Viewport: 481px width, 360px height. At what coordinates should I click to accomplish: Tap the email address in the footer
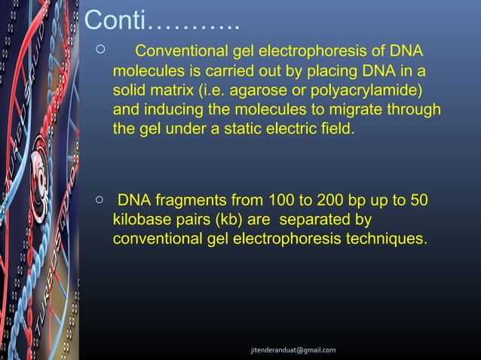pyautogui.click(x=293, y=350)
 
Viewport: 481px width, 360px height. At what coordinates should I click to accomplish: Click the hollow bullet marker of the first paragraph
pyautogui.click(x=100, y=50)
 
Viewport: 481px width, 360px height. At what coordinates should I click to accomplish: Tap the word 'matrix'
pyautogui.click(x=170, y=91)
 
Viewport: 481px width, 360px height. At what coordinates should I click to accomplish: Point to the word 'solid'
pyautogui.click(x=129, y=91)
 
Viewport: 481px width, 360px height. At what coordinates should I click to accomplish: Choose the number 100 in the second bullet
pyautogui.click(x=277, y=201)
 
